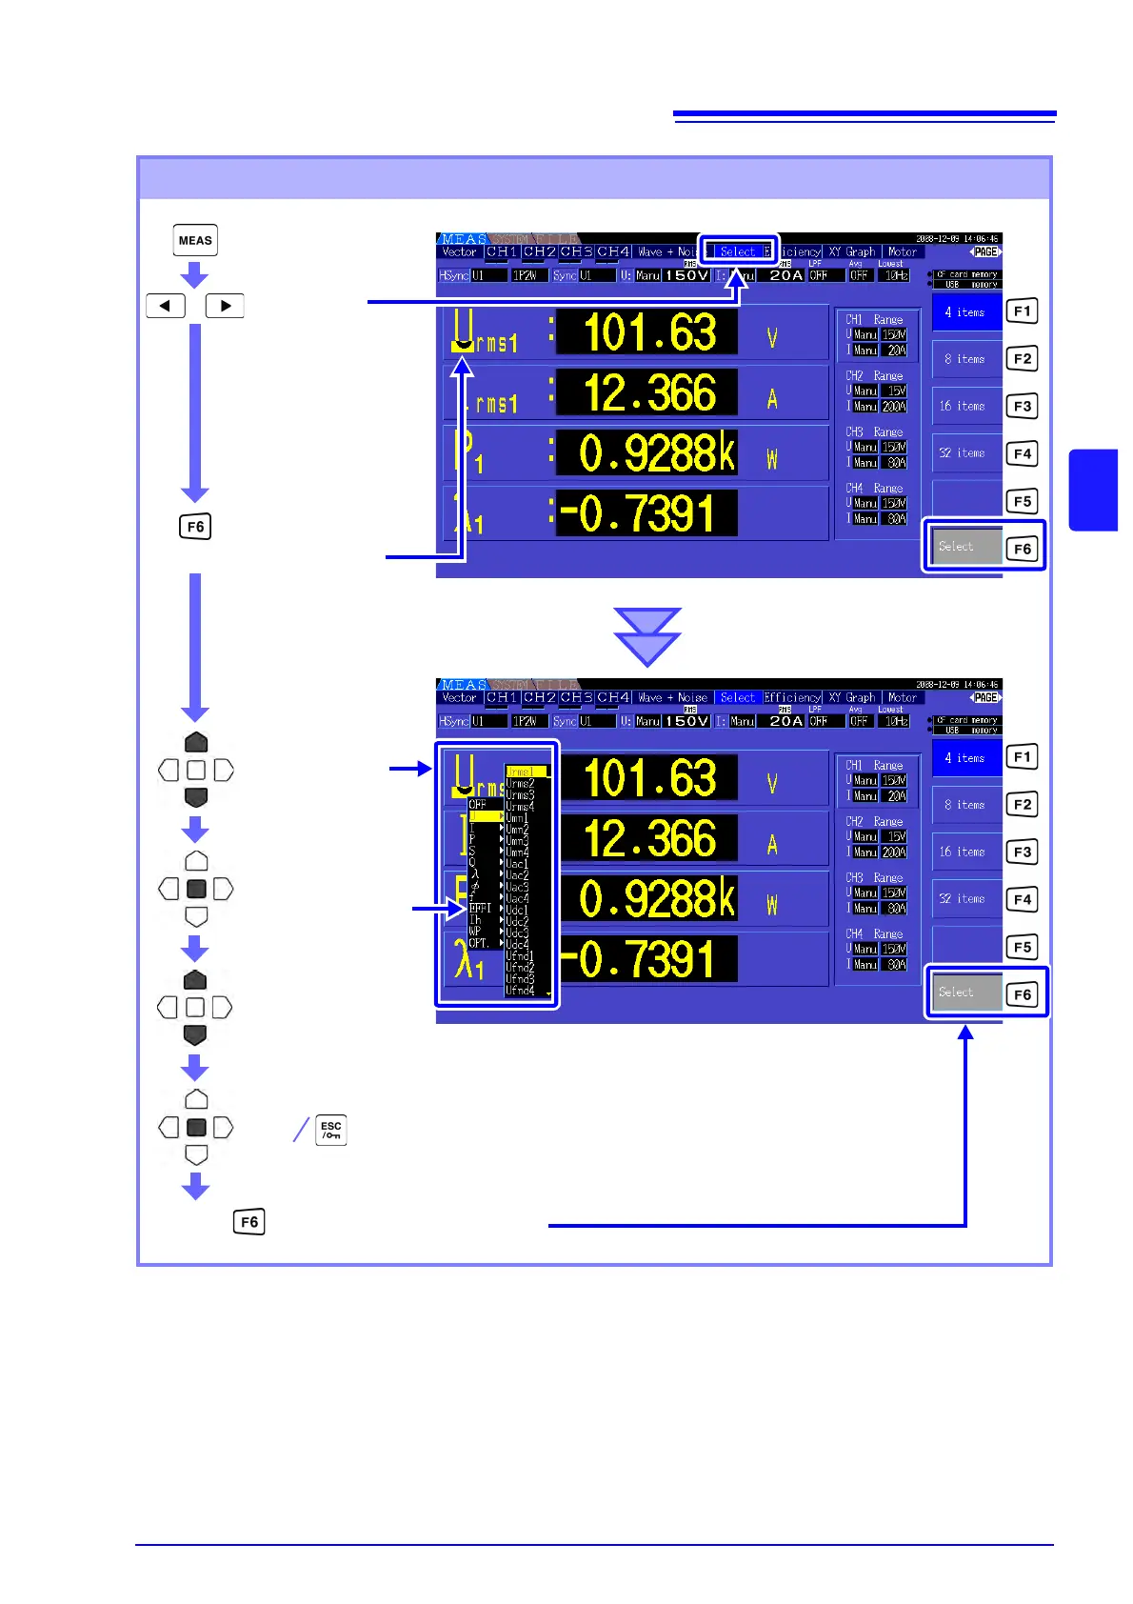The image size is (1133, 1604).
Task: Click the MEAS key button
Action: click(x=195, y=240)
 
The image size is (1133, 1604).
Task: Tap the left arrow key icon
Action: click(x=166, y=306)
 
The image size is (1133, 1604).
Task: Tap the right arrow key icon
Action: click(x=225, y=306)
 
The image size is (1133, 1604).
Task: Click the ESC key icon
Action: click(x=330, y=1130)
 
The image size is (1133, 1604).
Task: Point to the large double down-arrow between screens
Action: click(x=647, y=636)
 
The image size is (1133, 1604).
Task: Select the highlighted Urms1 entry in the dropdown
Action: click(x=525, y=772)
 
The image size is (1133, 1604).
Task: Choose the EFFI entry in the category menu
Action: click(x=480, y=909)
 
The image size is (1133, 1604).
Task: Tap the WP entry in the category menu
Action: click(x=475, y=932)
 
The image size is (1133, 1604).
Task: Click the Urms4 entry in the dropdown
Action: click(x=520, y=806)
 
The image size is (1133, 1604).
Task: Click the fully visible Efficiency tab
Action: click(x=792, y=697)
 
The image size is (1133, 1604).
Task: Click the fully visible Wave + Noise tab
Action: click(x=672, y=697)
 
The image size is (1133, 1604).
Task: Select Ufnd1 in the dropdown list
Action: click(x=520, y=955)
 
